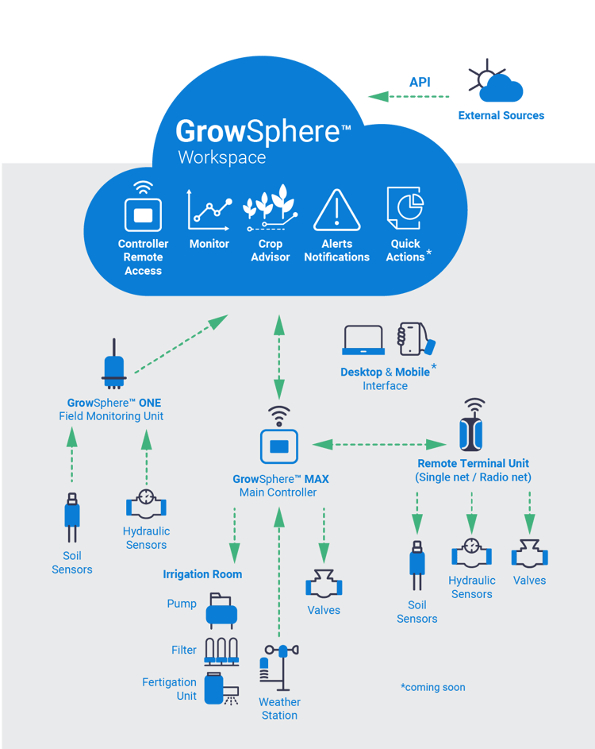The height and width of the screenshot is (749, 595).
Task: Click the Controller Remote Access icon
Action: (143, 209)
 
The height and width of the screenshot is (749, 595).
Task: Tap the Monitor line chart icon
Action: (209, 210)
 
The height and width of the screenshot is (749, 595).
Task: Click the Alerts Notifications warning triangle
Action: (336, 210)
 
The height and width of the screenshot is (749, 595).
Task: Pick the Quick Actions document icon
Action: (404, 208)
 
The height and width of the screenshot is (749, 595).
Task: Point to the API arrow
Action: (409, 96)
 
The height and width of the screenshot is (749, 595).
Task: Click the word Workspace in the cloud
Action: (221, 157)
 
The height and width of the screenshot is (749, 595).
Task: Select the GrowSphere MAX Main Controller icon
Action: (278, 446)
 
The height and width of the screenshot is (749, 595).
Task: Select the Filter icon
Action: (222, 651)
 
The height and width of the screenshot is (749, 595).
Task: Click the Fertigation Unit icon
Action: (217, 688)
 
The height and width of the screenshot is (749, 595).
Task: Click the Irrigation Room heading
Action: (202, 574)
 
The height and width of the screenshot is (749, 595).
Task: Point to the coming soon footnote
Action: (432, 687)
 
